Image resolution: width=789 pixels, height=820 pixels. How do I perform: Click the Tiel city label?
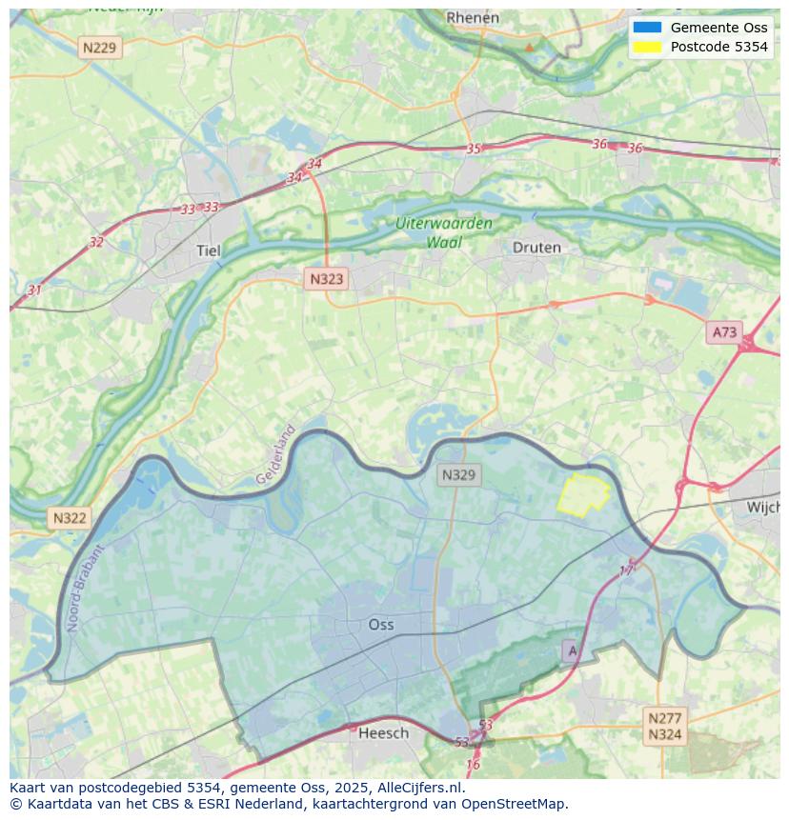click(x=208, y=250)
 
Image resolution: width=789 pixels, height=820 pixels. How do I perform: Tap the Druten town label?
click(x=536, y=248)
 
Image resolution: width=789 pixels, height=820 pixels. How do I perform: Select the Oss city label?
click(x=381, y=625)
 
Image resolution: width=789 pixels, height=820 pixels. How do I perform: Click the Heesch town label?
click(x=383, y=732)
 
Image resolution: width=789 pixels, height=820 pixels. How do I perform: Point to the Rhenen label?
click(x=473, y=17)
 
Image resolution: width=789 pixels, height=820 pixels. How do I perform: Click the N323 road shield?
click(x=326, y=279)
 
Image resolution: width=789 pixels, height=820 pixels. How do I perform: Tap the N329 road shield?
click(x=458, y=474)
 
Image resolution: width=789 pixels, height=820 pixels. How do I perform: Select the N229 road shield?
click(x=100, y=47)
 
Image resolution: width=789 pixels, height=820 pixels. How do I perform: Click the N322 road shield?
click(x=70, y=518)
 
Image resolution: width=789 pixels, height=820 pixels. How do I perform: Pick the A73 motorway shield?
click(x=724, y=332)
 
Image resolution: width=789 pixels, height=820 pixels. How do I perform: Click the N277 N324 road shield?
click(x=664, y=726)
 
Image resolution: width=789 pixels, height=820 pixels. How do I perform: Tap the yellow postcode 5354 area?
click(x=581, y=493)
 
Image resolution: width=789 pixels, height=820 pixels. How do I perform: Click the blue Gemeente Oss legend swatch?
click(x=646, y=28)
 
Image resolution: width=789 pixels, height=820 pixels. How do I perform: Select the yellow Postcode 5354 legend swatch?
click(x=646, y=47)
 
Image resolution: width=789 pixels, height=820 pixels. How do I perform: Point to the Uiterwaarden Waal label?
click(x=444, y=232)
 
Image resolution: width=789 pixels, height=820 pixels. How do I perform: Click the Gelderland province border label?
click(x=276, y=454)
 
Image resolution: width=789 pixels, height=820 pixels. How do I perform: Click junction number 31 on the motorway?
click(x=34, y=290)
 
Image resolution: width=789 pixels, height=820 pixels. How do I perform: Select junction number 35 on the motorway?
click(x=474, y=149)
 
